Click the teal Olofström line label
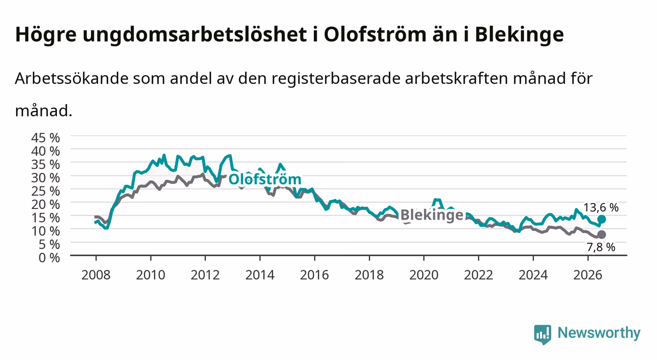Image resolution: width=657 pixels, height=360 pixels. [x=265, y=179]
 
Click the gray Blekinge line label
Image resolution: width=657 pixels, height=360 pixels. [x=432, y=215]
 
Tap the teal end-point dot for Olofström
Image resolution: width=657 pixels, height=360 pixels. [x=602, y=219]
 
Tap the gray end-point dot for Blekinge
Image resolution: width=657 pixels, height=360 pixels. [x=602, y=234]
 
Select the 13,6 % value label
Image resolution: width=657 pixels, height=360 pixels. [x=601, y=207]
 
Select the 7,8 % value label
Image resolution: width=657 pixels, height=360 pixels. [x=601, y=247]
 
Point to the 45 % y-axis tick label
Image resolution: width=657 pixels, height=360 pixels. [x=46, y=138]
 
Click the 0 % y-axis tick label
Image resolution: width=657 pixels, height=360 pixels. [x=49, y=257]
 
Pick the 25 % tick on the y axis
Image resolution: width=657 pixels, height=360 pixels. [x=46, y=191]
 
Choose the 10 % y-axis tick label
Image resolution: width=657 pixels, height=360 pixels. [x=46, y=231]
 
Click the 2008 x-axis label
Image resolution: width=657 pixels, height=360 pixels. [x=96, y=275]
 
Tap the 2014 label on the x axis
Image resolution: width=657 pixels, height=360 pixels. [x=260, y=275]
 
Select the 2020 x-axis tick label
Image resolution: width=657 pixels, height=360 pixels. [x=424, y=275]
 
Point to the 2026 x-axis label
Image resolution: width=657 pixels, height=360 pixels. [x=588, y=275]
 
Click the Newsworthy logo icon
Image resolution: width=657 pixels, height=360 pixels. [x=543, y=334]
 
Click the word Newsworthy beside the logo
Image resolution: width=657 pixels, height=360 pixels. [x=599, y=333]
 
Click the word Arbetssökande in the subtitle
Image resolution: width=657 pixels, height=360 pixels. [x=72, y=78]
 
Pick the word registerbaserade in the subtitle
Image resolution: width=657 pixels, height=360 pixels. [x=336, y=79]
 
